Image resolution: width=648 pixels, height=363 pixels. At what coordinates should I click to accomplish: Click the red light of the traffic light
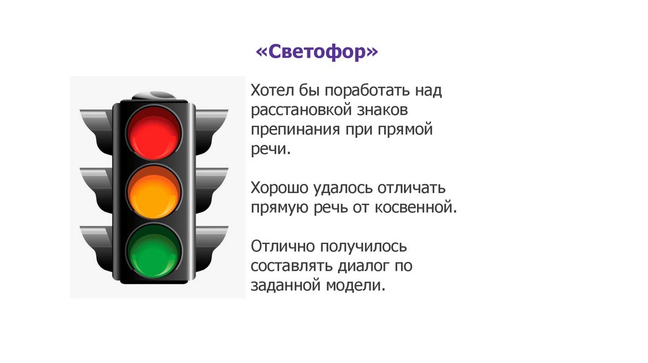pos(154,133)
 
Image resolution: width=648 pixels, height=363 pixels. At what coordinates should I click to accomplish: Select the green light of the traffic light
pos(154,251)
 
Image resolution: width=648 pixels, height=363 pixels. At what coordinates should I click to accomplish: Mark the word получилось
pos(361,245)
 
